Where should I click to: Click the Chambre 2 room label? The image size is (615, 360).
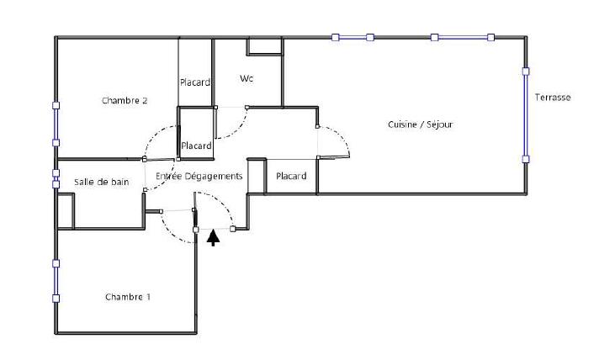click(125, 100)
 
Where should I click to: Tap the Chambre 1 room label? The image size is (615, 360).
click(128, 297)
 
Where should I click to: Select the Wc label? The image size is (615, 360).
click(247, 79)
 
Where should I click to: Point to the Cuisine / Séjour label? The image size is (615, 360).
click(421, 124)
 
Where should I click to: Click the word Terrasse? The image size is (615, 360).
click(553, 98)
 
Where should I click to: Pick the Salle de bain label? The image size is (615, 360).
click(101, 182)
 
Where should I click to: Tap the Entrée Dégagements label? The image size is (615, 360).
click(199, 177)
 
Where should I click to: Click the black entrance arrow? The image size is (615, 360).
click(214, 237)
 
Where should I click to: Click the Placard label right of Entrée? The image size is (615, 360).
click(291, 176)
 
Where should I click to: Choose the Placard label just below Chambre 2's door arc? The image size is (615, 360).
click(196, 146)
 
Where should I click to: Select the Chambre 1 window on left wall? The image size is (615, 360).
click(56, 280)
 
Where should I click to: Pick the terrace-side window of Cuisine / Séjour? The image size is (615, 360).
click(525, 114)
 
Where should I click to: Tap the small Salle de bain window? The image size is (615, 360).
click(56, 178)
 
